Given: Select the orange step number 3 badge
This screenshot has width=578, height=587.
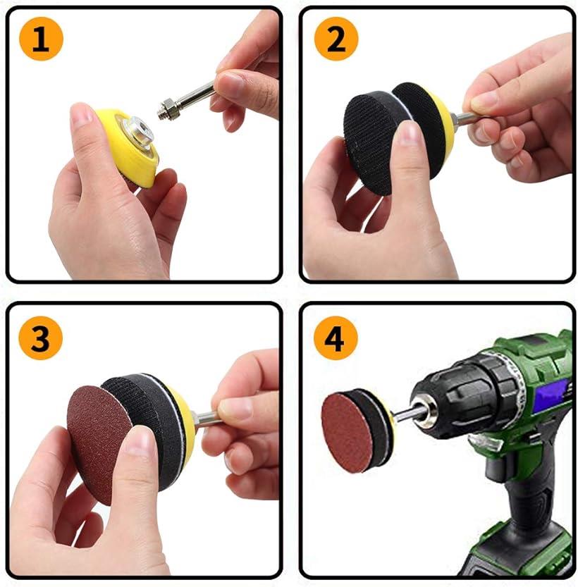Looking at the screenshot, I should [x=41, y=339].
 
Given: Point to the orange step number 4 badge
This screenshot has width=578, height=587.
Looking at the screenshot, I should [x=336, y=339].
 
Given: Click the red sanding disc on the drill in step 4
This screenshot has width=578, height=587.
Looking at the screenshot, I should [x=345, y=431].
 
